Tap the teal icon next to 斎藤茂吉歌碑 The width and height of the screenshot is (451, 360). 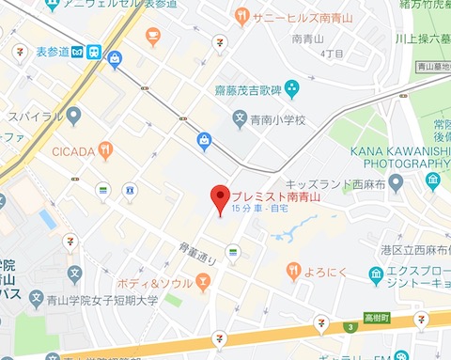[291, 90]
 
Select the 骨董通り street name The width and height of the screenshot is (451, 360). [197, 251]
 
